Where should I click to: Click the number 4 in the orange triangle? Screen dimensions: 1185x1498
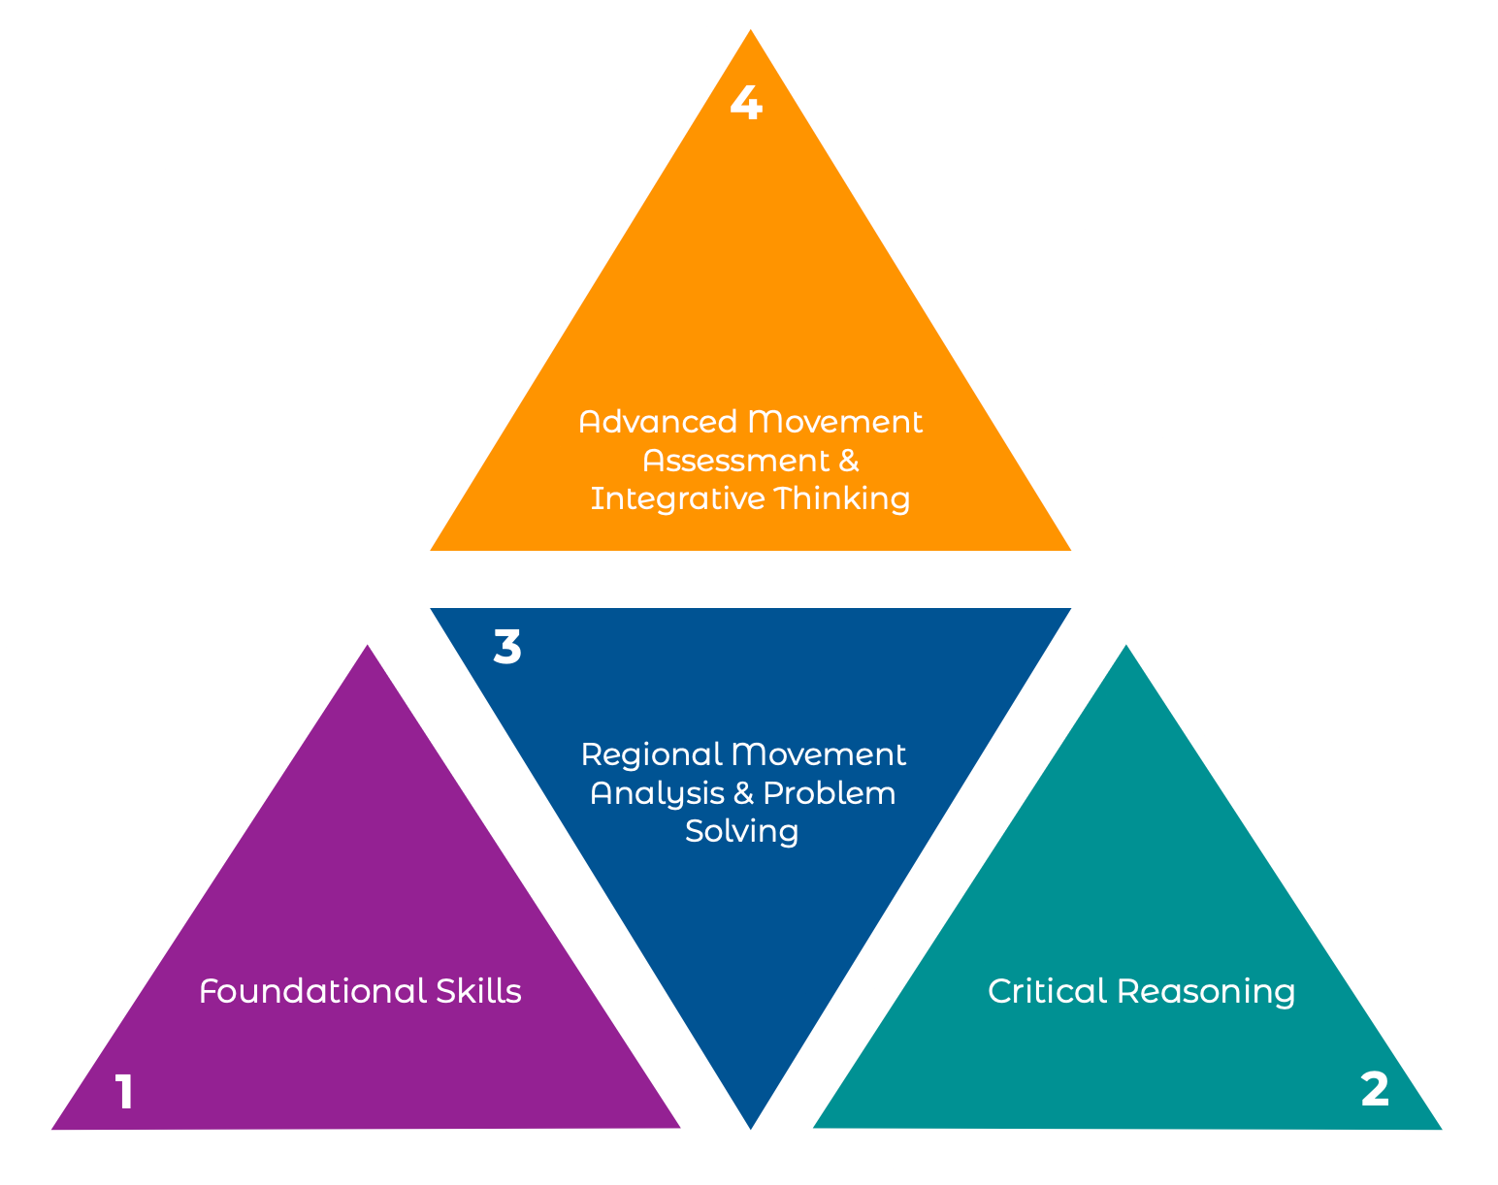tap(745, 103)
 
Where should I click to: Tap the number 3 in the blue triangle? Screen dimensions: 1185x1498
tap(507, 647)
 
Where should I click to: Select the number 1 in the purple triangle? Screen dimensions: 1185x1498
tap(124, 1092)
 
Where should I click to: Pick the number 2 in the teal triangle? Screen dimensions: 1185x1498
tap(1375, 1090)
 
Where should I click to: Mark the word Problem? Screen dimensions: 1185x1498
tap(829, 793)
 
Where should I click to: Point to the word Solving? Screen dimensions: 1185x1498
tap(741, 832)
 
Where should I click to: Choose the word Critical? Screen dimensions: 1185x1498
tap(1047, 991)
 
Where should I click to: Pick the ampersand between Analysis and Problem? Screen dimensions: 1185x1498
tap(744, 793)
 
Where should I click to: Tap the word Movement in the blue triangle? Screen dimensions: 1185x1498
tap(819, 754)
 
